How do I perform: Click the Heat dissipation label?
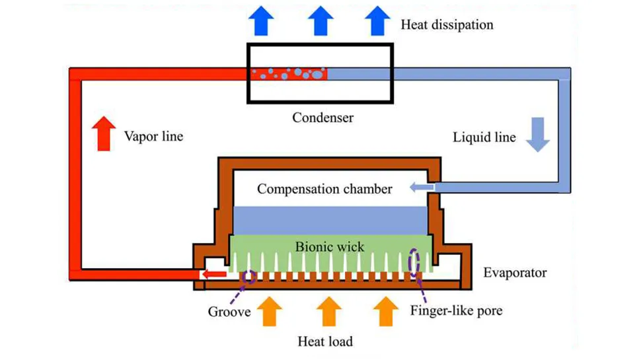click(447, 25)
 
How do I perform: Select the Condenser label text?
click(322, 118)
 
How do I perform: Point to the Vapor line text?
click(153, 137)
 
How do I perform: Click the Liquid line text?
click(484, 138)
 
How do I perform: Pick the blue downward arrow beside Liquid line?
click(537, 135)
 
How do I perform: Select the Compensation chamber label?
click(324, 189)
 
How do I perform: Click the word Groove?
click(229, 311)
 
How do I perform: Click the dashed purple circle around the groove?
click(250, 277)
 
